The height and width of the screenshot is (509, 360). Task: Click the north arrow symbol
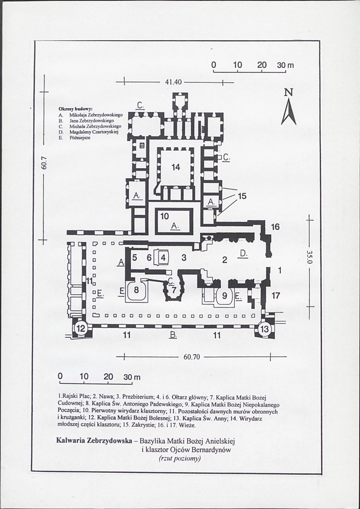click(x=289, y=112)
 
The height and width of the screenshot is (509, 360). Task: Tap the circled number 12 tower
click(x=80, y=329)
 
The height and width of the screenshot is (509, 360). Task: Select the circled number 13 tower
click(x=265, y=329)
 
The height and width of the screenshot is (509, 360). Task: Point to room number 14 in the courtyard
click(x=176, y=167)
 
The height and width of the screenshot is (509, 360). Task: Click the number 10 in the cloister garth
click(x=164, y=217)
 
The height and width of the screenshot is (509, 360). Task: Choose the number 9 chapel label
click(x=224, y=296)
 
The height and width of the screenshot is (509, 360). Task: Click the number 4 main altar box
click(x=163, y=258)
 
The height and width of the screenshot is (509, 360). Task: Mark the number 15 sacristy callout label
click(x=242, y=197)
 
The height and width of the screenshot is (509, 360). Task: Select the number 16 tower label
click(x=275, y=227)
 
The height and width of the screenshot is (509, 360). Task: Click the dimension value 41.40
click(x=173, y=82)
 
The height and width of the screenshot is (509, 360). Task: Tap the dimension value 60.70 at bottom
click(x=191, y=357)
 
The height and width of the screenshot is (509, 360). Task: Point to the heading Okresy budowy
click(x=76, y=109)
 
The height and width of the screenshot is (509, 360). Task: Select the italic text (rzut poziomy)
click(x=180, y=458)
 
